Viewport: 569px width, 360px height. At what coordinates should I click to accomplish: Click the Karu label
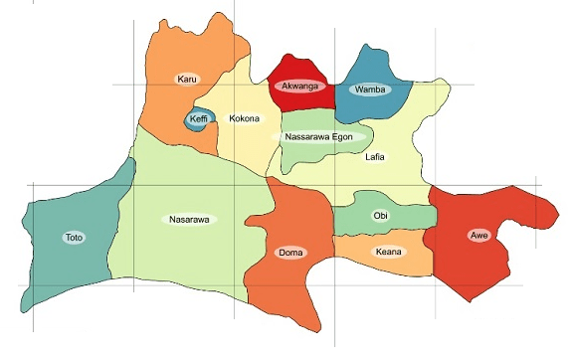pyautogui.click(x=185, y=79)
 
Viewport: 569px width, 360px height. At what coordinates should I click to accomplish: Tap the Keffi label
pyautogui.click(x=199, y=119)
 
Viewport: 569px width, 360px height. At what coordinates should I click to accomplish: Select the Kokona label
pyautogui.click(x=244, y=119)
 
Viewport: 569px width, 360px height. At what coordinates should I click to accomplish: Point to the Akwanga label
pyautogui.click(x=298, y=87)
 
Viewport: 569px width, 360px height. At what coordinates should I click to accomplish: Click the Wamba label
pyautogui.click(x=369, y=90)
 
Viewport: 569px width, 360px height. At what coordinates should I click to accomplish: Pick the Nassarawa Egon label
pyautogui.click(x=318, y=136)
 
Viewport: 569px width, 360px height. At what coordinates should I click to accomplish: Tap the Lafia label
pyautogui.click(x=375, y=157)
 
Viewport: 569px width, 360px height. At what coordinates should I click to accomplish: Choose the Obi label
pyautogui.click(x=380, y=215)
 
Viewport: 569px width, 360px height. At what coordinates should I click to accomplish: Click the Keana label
pyautogui.click(x=389, y=252)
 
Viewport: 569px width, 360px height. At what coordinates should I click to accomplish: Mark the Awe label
pyautogui.click(x=479, y=236)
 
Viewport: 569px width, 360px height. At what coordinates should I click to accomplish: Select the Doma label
pyautogui.click(x=289, y=253)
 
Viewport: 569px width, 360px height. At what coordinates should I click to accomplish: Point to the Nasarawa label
pyautogui.click(x=188, y=219)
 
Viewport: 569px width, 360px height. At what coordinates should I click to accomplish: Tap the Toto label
pyautogui.click(x=74, y=238)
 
